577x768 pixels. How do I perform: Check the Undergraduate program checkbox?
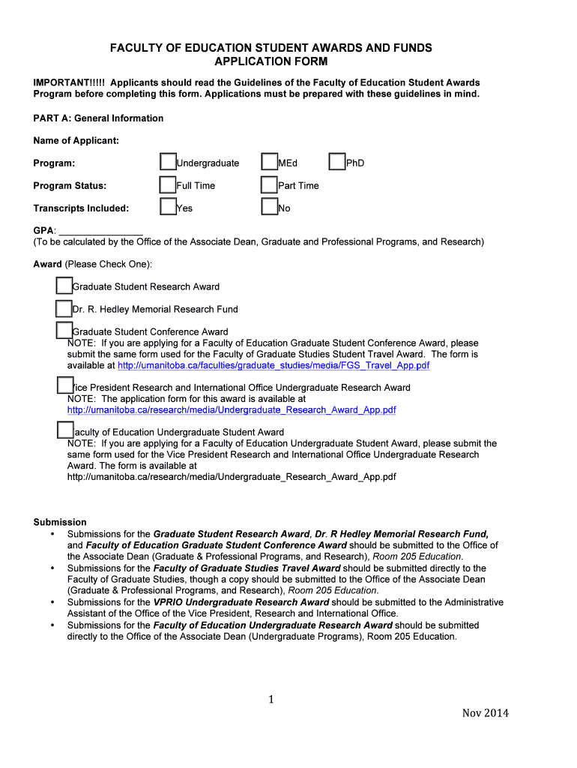click(x=168, y=163)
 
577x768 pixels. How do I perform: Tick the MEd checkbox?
click(x=269, y=163)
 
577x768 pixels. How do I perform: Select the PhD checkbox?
click(x=337, y=163)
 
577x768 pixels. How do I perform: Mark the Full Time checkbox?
click(x=168, y=185)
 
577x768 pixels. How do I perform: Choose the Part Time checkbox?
click(x=269, y=185)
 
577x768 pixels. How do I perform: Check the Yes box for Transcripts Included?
click(x=168, y=208)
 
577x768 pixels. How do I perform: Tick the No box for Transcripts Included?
click(x=269, y=208)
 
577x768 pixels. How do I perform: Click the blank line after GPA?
click(x=100, y=230)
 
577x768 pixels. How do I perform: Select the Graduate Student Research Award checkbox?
click(x=64, y=286)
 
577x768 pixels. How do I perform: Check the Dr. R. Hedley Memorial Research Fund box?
click(x=64, y=308)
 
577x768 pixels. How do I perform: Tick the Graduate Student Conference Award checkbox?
click(x=64, y=330)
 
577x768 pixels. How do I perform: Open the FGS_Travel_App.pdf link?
click(x=274, y=365)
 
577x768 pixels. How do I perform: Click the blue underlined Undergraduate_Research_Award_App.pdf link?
click(x=232, y=410)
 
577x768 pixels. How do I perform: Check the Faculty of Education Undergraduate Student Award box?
click(x=65, y=430)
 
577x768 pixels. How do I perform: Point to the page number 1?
click(x=272, y=700)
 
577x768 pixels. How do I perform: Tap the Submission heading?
click(x=60, y=522)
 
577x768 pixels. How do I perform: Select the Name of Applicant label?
click(x=76, y=140)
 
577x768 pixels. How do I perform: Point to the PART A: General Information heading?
click(x=98, y=118)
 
